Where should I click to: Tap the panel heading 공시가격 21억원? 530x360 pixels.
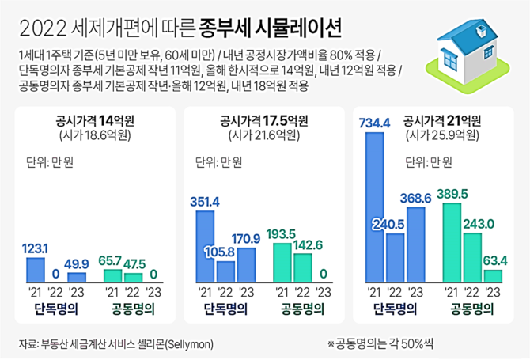tap(440, 122)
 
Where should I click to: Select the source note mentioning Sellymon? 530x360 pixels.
tap(115, 344)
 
